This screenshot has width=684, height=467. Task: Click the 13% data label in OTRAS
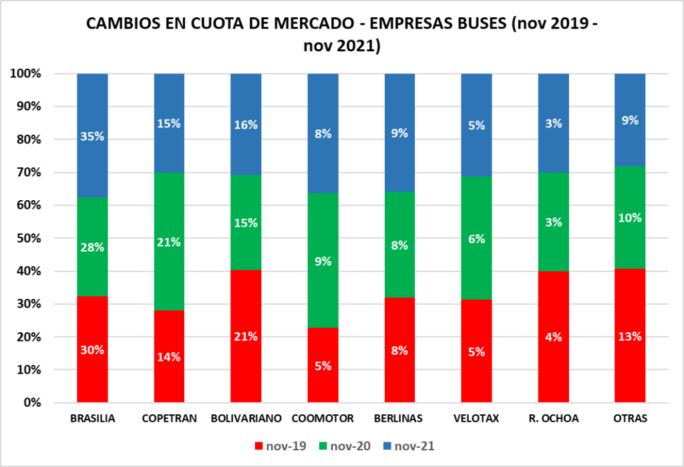630,337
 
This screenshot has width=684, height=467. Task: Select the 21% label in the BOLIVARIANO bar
246,337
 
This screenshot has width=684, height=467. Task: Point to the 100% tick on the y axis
25,73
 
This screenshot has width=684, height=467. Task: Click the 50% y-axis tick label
28,238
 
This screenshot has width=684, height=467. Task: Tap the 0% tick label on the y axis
32,403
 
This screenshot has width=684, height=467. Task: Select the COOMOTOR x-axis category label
322,419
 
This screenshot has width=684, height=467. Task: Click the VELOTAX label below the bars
476,419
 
